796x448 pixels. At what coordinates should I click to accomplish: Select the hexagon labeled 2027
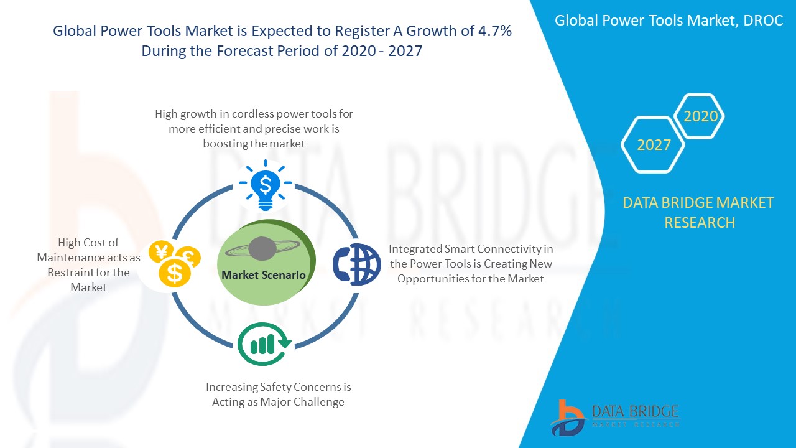click(653, 145)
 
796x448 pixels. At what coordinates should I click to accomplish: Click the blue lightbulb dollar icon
click(266, 185)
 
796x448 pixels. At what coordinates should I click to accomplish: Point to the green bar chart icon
click(264, 344)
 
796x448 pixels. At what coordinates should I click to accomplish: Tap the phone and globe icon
click(357, 264)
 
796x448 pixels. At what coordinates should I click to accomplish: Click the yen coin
click(161, 252)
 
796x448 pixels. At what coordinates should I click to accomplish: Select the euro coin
click(188, 257)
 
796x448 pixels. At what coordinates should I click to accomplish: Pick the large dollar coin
click(175, 273)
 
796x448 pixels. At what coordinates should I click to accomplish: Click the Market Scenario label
click(263, 275)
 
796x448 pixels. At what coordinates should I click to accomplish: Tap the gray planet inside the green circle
click(262, 248)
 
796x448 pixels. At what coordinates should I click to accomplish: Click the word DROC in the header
click(763, 21)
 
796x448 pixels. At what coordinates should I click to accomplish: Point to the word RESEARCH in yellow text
click(700, 223)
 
